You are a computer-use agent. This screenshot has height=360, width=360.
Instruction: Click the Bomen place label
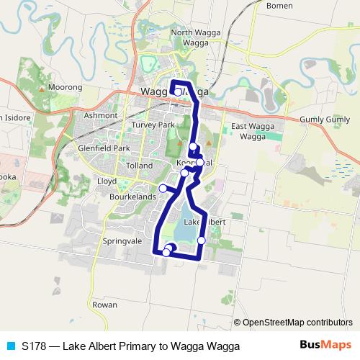tap(279, 6)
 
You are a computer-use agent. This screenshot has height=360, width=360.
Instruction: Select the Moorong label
tap(66, 87)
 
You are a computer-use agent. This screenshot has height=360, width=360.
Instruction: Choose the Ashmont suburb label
tap(100, 115)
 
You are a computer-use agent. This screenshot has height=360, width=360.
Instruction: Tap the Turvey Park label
tap(153, 125)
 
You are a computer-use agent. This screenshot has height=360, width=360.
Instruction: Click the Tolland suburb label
tap(140, 166)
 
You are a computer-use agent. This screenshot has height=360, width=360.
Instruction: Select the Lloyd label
tap(107, 181)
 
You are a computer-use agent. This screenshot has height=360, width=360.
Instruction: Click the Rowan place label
tap(104, 305)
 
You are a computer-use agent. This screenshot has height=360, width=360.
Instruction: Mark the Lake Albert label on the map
tap(205, 222)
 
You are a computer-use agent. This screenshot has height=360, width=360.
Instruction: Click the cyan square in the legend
tap(10, 346)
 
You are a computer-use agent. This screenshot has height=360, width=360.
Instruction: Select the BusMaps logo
tap(327, 346)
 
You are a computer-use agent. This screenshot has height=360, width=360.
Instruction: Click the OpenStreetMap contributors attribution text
tap(297, 323)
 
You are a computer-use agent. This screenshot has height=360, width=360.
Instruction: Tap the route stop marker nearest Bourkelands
tap(163, 189)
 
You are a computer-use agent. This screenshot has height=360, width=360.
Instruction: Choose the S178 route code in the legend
tap(32, 346)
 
